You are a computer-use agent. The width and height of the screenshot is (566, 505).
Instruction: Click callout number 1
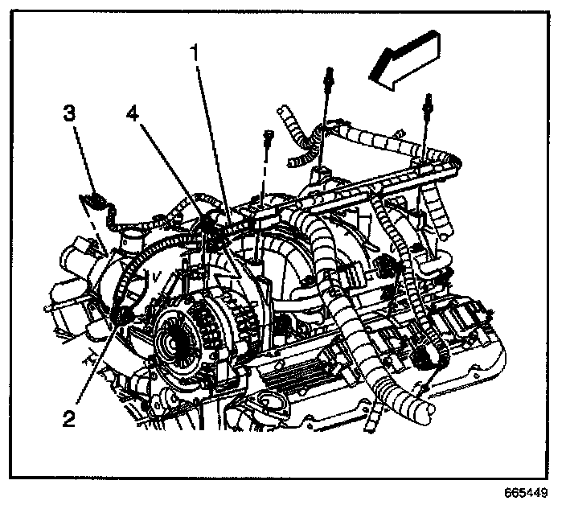click(x=192, y=53)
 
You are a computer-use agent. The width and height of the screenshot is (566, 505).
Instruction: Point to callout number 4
click(x=133, y=113)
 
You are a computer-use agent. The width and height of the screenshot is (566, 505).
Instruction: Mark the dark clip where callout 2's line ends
click(x=124, y=318)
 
